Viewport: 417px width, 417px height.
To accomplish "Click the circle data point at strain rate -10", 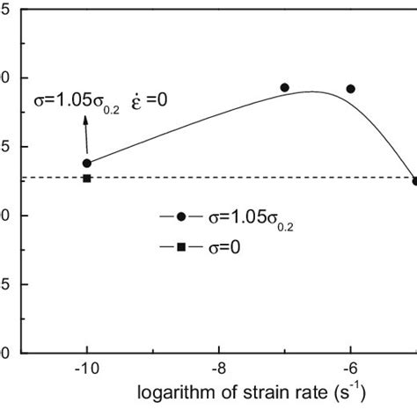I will [87, 163].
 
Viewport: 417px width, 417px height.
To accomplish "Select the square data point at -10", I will [87, 179].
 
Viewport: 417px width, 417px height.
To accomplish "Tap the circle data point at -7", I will [284, 87].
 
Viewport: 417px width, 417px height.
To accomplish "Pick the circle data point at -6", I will [350, 88].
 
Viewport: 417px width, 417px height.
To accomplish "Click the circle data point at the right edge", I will [414, 181].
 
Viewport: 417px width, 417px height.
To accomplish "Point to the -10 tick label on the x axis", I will [87, 370].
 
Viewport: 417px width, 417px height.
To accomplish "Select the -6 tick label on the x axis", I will [350, 370].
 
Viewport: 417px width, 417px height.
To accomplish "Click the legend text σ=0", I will [223, 248].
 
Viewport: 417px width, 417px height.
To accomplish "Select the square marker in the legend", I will [181, 248].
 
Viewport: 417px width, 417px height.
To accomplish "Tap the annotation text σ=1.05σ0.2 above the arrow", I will [71, 101].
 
